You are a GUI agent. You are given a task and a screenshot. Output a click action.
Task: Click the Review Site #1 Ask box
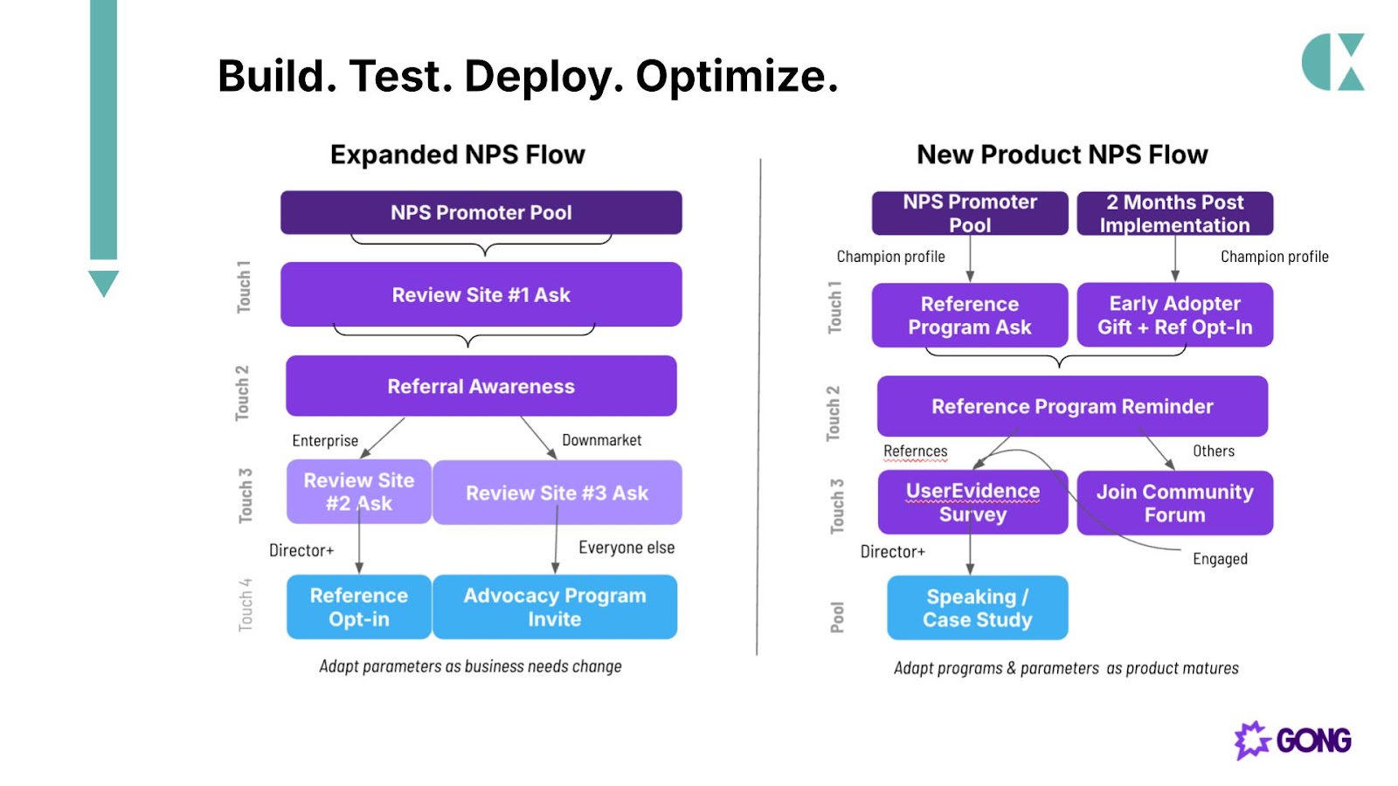481,294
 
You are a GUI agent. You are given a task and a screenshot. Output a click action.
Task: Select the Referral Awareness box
481,386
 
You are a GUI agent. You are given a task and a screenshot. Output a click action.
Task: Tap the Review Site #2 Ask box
359,492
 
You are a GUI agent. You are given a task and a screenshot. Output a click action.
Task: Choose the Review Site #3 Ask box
557,493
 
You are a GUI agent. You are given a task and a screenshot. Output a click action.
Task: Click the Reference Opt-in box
359,607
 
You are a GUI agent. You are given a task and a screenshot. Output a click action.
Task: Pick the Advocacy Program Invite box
555,607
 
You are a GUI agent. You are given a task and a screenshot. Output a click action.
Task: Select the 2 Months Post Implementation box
1174,213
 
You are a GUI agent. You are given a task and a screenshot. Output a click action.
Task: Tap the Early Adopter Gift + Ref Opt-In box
1174,315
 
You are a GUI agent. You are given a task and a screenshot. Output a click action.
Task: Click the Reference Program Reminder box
1072,406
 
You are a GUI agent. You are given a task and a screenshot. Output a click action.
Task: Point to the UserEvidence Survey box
972,502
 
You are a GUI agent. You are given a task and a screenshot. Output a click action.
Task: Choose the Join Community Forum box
1174,503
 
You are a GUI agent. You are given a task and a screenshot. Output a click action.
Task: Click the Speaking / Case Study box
978,608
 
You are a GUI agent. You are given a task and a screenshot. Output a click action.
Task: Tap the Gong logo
1292,741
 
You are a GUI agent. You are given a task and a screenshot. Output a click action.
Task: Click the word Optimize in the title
737,76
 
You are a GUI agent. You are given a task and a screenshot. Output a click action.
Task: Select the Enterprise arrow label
325,441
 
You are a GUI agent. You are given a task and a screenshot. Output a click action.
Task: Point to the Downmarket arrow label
602,440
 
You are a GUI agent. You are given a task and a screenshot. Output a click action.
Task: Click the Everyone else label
626,548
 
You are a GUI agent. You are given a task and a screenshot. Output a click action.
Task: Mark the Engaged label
1220,559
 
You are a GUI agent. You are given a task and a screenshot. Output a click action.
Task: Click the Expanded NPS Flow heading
458,155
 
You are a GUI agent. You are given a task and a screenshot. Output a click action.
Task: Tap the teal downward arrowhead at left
104,284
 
